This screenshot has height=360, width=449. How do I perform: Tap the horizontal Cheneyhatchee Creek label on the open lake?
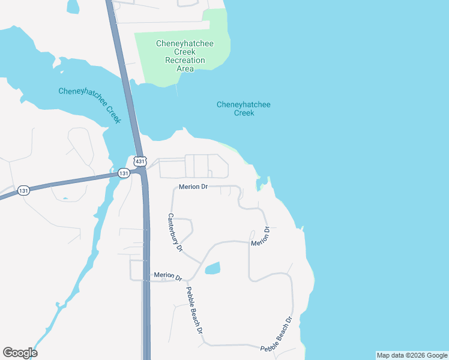(x=243, y=109)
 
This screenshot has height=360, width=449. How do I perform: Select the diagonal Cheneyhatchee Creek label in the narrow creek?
(x=90, y=105)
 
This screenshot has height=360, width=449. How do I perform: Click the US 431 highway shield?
(x=140, y=161)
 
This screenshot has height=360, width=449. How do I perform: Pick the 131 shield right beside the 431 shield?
(x=124, y=173)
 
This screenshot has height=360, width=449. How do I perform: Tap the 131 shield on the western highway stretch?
(x=23, y=190)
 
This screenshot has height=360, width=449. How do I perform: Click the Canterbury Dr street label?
(x=175, y=232)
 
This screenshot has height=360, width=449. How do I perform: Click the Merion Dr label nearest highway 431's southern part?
(x=167, y=276)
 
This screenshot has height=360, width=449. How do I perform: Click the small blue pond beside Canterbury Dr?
(x=213, y=268)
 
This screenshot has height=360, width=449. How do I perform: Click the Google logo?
(x=20, y=353)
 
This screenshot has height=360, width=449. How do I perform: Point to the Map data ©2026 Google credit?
(x=412, y=355)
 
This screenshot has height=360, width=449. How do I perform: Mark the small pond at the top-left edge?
(x=73, y=7)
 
